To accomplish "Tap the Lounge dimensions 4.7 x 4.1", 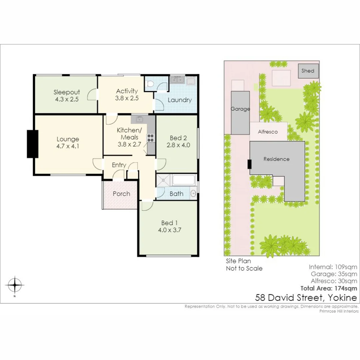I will click(x=68, y=146).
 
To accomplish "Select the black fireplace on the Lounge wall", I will click(x=33, y=144).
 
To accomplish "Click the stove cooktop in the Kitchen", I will click(x=150, y=138).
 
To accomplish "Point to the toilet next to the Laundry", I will click(x=150, y=85).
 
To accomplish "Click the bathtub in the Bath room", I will click(x=184, y=180).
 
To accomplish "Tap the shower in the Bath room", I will click(x=164, y=181).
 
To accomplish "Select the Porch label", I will click(x=121, y=194).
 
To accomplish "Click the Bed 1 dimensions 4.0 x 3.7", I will click(x=167, y=230).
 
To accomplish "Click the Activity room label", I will click(x=127, y=91).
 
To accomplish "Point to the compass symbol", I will click(x=15, y=285).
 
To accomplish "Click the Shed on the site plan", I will click(x=308, y=71).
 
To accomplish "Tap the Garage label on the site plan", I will click(x=240, y=109).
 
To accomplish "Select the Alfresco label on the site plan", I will click(x=268, y=132).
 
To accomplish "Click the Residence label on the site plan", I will click(x=276, y=159).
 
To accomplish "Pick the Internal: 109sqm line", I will click(x=333, y=267).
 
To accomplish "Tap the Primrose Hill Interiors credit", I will click(x=339, y=311).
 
